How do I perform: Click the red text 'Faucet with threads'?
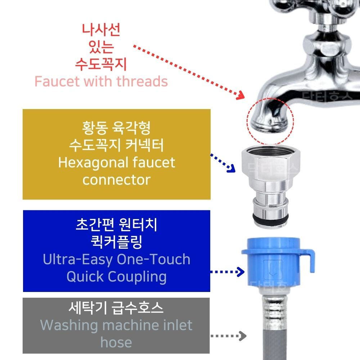point(101,82)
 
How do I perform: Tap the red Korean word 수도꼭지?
point(101,64)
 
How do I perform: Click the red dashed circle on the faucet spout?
point(270,119)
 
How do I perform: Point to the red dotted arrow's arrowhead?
point(242,96)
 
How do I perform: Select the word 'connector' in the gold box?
point(116,179)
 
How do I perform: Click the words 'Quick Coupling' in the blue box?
point(116,276)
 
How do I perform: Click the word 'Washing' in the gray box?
point(69,325)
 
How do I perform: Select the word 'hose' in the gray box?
point(116,342)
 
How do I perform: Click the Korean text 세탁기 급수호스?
point(116,308)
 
